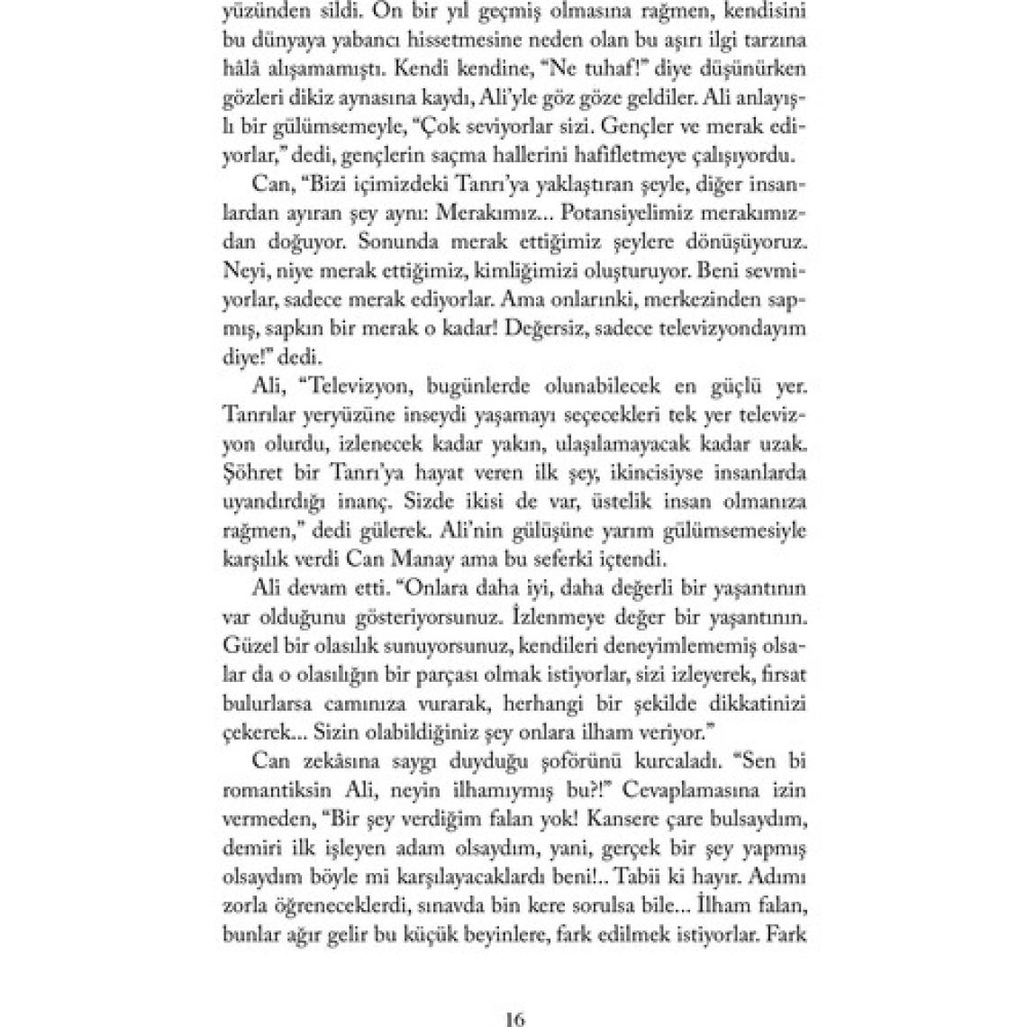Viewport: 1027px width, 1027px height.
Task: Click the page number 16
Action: tap(514, 1019)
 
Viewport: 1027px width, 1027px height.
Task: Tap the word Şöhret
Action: tap(255, 472)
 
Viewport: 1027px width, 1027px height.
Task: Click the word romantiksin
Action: tap(274, 789)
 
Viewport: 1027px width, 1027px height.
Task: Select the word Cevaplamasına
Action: tap(678, 789)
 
